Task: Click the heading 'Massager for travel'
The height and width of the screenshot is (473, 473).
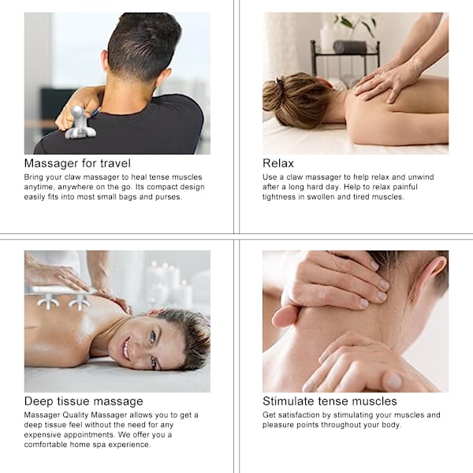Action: point(77,163)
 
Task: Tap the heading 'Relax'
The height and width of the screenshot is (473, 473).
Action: point(277,163)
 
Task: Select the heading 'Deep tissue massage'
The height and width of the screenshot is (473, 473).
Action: point(84,401)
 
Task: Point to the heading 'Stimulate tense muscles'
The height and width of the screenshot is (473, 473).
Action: point(330,401)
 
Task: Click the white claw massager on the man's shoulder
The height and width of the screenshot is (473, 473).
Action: point(80,123)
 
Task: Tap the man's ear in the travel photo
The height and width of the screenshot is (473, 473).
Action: point(105,61)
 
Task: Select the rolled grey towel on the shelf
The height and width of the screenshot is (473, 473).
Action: point(349,47)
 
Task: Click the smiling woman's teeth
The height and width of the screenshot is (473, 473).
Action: point(126,348)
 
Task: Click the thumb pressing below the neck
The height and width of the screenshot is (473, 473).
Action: point(285,316)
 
